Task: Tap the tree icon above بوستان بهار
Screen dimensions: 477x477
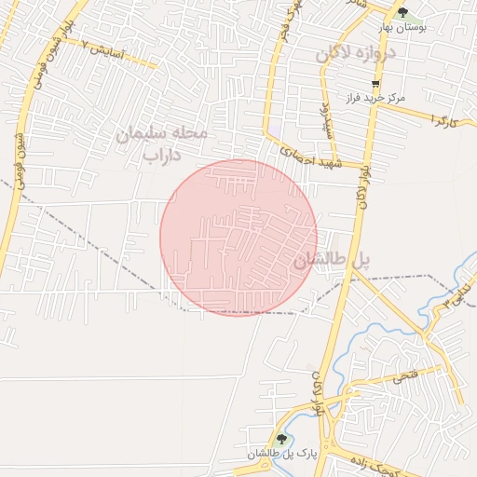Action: tap(402, 12)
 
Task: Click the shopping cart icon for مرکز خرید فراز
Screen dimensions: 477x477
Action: tap(375, 83)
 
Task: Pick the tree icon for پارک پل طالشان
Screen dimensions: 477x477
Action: tap(281, 438)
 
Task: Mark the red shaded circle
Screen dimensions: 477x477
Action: tap(238, 237)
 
